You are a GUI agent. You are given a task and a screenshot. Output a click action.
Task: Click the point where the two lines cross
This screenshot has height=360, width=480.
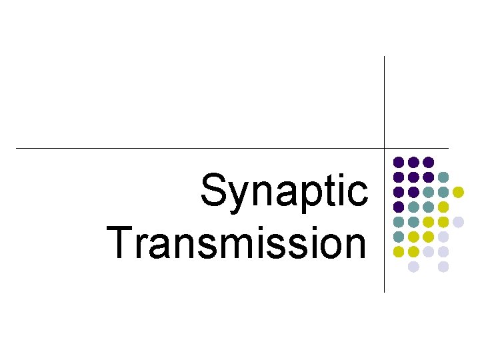[385, 147]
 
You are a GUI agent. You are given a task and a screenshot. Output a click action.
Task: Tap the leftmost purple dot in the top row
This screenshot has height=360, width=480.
[399, 162]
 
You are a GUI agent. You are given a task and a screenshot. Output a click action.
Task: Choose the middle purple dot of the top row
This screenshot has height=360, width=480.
[413, 162]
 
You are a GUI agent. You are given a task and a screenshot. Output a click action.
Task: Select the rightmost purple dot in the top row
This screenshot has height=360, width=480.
[428, 162]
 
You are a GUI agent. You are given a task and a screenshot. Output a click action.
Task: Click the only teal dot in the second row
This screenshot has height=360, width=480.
[443, 177]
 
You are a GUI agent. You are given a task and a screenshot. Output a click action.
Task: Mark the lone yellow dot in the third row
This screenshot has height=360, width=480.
[458, 192]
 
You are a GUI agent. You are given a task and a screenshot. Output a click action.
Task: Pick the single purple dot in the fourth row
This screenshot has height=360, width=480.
[399, 207]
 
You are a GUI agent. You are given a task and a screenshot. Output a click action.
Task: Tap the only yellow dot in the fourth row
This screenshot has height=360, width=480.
[443, 207]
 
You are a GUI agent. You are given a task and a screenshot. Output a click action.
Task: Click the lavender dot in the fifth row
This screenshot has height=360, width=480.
[458, 221]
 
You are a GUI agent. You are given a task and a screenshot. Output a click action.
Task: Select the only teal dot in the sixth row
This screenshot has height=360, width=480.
[399, 237]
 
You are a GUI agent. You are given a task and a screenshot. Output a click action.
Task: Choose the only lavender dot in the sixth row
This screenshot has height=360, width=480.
[443, 237]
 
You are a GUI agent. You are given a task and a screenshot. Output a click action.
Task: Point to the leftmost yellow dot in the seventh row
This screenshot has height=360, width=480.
[399, 251]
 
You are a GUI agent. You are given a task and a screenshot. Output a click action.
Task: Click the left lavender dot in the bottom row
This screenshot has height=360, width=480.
[413, 267]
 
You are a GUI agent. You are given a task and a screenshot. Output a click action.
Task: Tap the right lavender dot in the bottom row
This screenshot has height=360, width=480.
[443, 267]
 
